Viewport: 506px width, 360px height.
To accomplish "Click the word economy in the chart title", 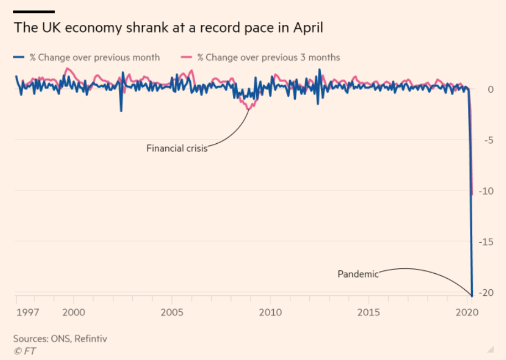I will coord(91,28).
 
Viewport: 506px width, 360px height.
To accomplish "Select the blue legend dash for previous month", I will coord(19,57).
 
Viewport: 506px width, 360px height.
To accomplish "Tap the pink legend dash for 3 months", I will coord(186,57).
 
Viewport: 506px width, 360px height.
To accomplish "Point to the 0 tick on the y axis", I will coord(490,90).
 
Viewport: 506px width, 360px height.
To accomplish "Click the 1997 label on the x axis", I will coord(27,312).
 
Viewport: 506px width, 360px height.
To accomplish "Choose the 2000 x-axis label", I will coord(74,312).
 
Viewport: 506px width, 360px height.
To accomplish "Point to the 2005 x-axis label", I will coord(172,312).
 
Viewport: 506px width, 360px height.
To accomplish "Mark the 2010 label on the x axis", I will coord(270,312).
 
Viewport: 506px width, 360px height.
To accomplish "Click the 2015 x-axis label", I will coord(369,312).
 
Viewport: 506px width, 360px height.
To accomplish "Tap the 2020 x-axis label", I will coord(467,312).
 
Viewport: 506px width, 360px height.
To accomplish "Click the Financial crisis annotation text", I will coord(176,148).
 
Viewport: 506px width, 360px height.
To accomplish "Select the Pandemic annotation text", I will coord(358,274).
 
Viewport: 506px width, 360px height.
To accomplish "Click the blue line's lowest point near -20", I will coord(472,295).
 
